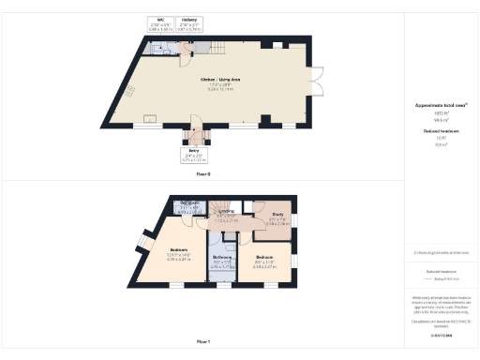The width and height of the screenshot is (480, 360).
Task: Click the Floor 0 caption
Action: tap(202, 174)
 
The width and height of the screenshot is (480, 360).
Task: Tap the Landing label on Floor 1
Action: tap(226, 214)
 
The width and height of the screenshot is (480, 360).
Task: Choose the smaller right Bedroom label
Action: tap(264, 262)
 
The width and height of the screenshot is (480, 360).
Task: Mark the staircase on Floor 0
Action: tap(217, 49)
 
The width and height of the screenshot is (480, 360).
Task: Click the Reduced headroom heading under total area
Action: tap(433, 132)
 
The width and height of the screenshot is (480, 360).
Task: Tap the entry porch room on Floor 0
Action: tap(193, 133)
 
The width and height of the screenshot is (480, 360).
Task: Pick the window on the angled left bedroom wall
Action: tap(146, 241)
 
